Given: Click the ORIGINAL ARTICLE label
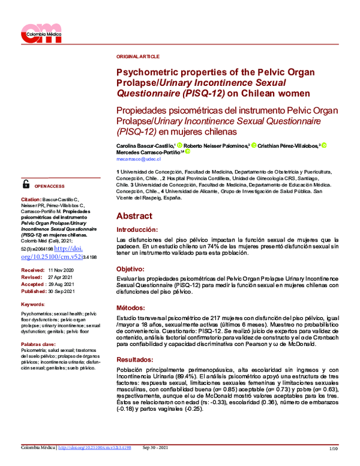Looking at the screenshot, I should click(x=138, y=56).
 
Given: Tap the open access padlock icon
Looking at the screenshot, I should click(x=26, y=184).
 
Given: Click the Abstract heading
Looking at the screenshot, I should click(x=134, y=216).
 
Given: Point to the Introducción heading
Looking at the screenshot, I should click(x=137, y=229).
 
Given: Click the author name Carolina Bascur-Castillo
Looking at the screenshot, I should click(x=145, y=145).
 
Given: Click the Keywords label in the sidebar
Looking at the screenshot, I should click(x=32, y=304).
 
